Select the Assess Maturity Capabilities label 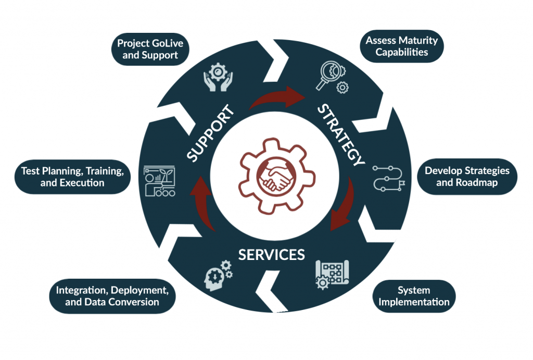pyautogui.click(x=401, y=46)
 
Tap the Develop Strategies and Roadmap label pyautogui.click(x=467, y=177)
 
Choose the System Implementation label pyautogui.click(x=414, y=296)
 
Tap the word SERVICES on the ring pyautogui.click(x=271, y=255)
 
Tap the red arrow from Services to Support pyautogui.click(x=204, y=203)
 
